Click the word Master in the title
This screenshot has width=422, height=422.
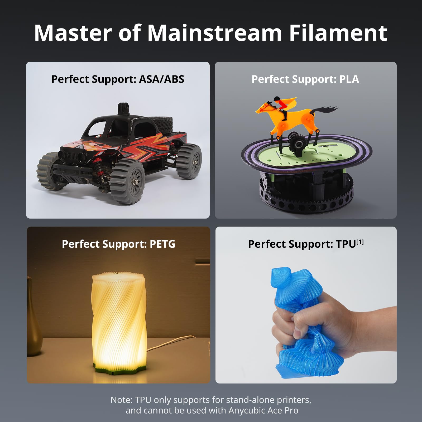click(73, 33)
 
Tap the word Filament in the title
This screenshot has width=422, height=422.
click(338, 33)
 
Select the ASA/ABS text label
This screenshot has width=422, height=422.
click(161, 79)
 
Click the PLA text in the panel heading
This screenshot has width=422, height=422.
click(349, 79)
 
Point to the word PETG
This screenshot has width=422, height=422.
click(162, 244)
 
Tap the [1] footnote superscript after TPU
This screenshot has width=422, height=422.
click(360, 242)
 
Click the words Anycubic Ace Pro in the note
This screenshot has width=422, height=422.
click(263, 411)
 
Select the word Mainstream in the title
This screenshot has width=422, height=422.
click(214, 33)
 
